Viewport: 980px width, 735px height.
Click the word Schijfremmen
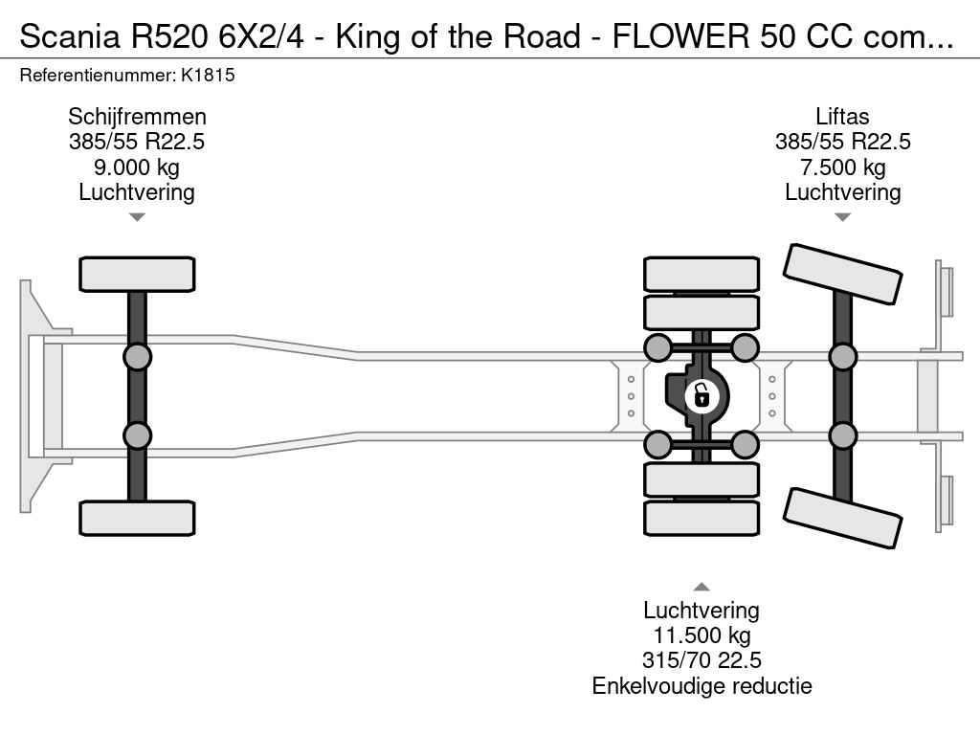137,117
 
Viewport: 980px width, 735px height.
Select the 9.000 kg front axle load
137,167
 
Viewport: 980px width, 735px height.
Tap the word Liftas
842,117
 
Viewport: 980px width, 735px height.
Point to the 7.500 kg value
842,167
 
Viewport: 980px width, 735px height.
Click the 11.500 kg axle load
702,635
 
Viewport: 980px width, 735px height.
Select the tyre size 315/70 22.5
702,660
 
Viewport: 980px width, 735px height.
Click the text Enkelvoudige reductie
702,685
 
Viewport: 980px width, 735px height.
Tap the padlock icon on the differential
701,394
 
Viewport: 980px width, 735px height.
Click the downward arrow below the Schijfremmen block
137,217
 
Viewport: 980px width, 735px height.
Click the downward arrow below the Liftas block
842,217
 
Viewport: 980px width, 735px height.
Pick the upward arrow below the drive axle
702,587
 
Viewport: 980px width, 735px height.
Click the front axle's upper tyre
137,274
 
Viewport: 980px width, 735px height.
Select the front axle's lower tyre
137,518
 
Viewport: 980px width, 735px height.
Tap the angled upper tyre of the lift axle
843,274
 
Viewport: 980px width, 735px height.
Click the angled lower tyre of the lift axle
843,517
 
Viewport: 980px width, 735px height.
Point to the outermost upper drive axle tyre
702,274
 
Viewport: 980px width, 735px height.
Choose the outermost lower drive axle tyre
702,518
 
